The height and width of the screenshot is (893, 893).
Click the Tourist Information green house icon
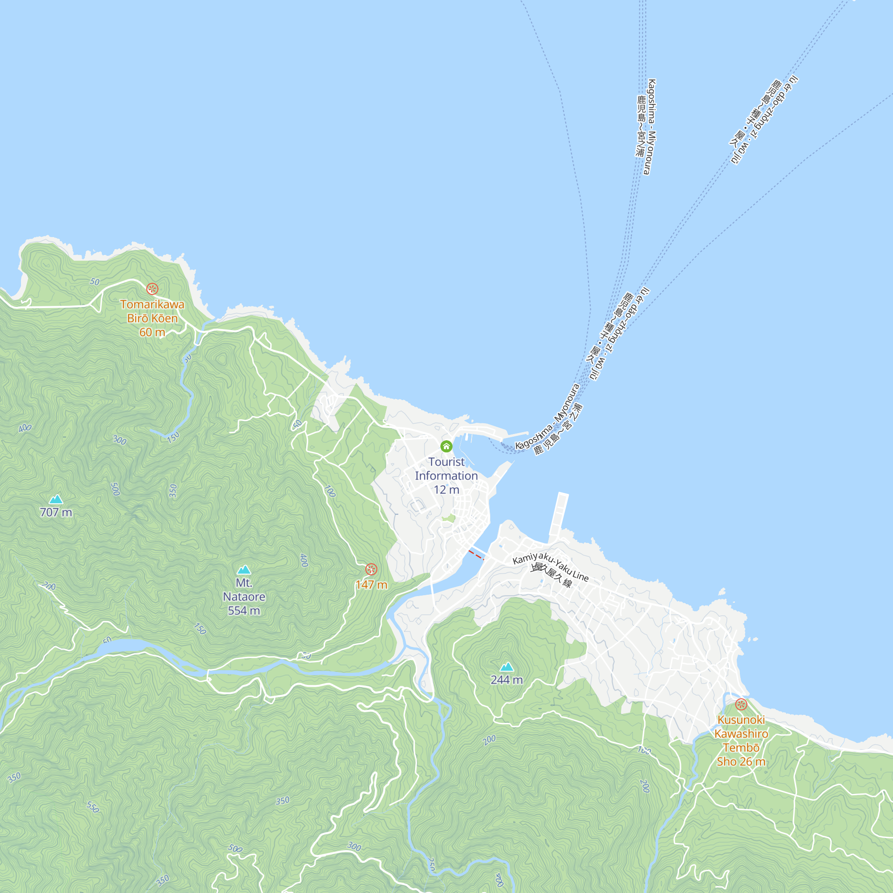pos(446,446)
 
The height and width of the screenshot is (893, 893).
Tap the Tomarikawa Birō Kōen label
pos(152,318)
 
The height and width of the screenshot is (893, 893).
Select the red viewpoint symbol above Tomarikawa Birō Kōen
pos(152,289)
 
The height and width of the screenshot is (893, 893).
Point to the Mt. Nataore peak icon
pos(244,569)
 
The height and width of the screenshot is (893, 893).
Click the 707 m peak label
pos(56,512)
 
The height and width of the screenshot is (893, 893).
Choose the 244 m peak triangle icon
pos(507,667)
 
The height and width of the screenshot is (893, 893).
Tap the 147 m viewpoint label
pos(371,585)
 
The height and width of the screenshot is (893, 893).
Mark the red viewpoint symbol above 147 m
pos(371,569)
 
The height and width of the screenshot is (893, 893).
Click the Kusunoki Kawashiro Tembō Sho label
pos(741,740)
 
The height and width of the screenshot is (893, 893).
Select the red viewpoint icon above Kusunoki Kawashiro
pos(741,705)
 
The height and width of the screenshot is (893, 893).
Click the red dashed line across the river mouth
pos(476,555)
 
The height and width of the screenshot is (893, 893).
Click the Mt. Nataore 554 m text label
pos(244,597)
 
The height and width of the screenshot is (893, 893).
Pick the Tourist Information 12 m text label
pos(446,476)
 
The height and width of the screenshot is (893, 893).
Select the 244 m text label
pos(507,680)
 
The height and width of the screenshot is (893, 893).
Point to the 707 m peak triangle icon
pos(56,499)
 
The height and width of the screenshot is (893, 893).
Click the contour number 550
pos(93,807)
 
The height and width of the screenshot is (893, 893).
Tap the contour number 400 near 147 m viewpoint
pos(304,560)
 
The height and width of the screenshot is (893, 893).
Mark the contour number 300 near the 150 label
pos(120,440)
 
